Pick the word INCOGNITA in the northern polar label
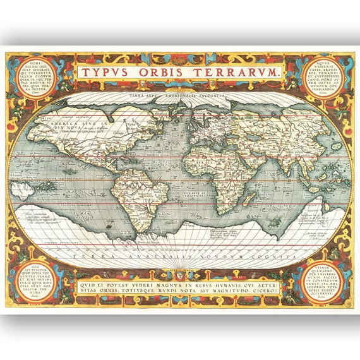pyautogui.click(x=208, y=95)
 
